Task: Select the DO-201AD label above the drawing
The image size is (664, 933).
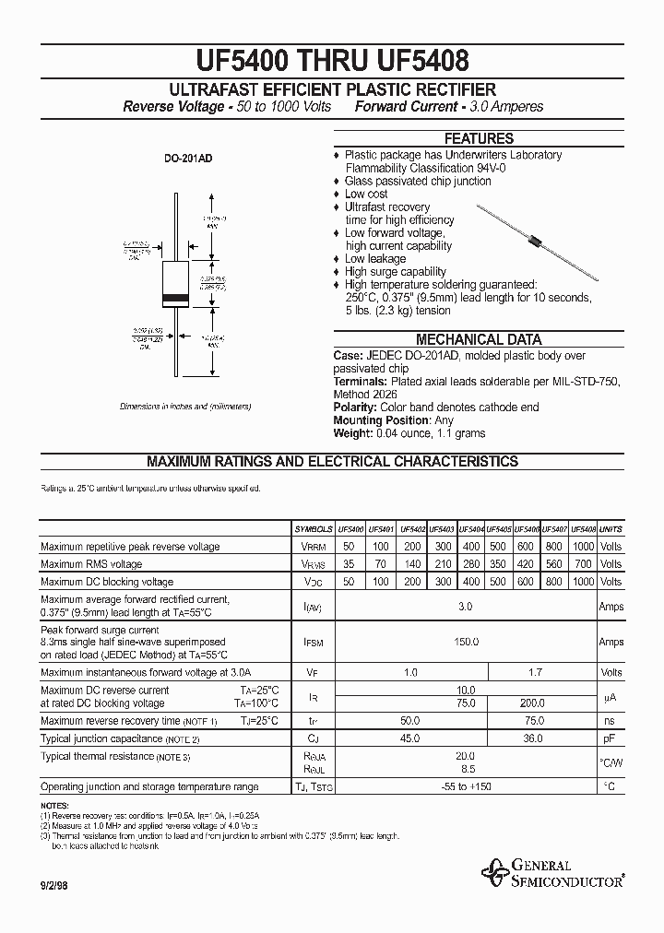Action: [x=188, y=159]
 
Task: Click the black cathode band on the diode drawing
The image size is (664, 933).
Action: [x=175, y=298]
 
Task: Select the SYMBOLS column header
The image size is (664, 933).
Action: [x=314, y=530]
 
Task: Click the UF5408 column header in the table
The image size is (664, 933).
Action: [x=583, y=530]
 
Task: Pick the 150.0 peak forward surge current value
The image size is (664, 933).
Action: [x=465, y=642]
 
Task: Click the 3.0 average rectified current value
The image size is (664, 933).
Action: [x=465, y=607]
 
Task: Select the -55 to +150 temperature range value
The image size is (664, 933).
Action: [x=465, y=786]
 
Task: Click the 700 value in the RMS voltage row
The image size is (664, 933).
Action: [x=583, y=564]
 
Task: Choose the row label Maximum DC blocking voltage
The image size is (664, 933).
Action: [x=107, y=582]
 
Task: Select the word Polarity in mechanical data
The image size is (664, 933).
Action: [x=354, y=407]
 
